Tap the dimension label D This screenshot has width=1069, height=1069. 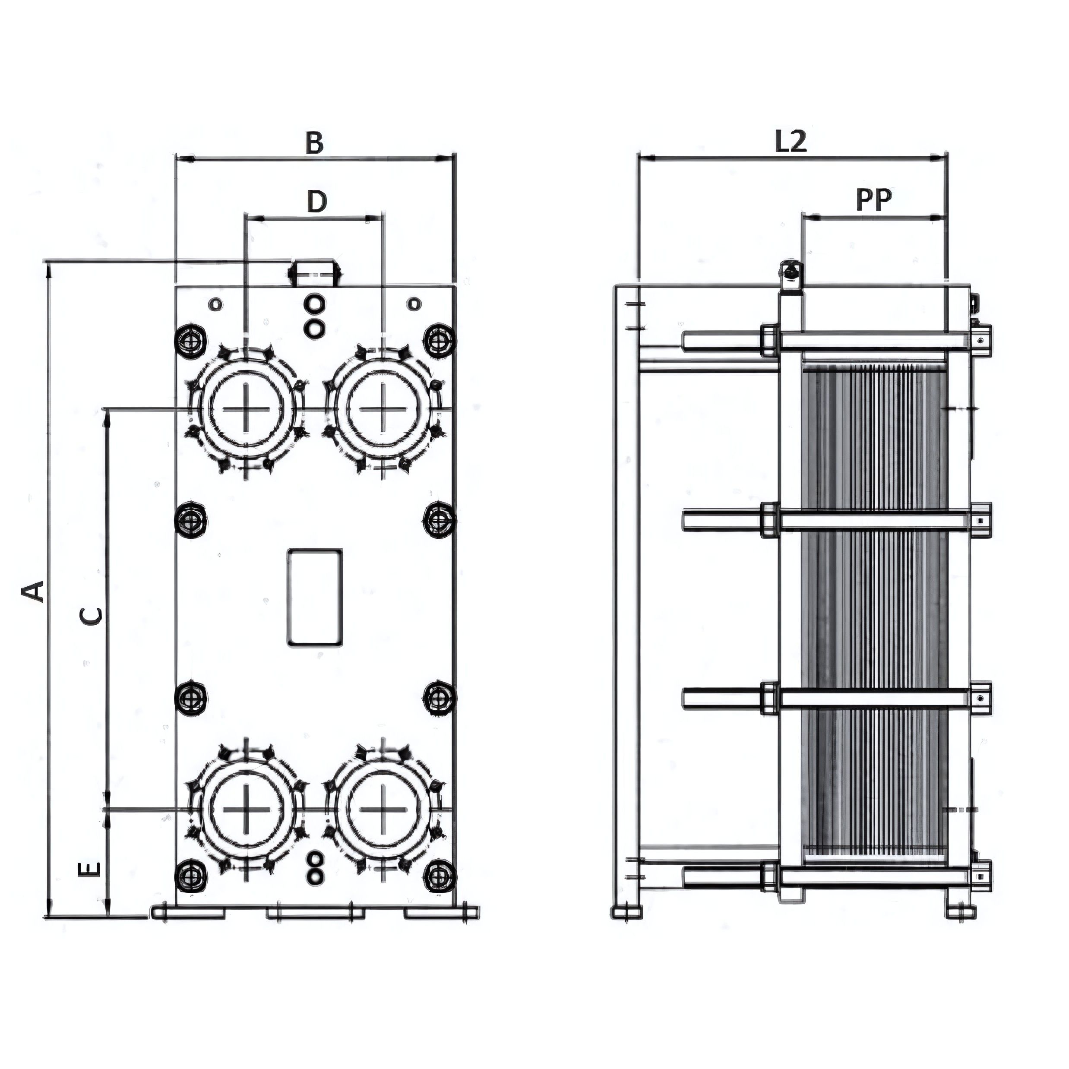(x=316, y=202)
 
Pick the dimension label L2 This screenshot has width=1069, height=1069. (x=791, y=142)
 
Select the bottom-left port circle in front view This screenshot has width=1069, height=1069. (x=246, y=810)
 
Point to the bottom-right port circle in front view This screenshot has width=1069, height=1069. (x=383, y=810)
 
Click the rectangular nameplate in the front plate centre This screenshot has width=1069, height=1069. (x=314, y=597)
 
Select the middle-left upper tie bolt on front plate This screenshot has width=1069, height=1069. (x=191, y=519)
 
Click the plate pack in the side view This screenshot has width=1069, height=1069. (x=874, y=609)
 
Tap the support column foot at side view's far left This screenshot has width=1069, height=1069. (x=627, y=911)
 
